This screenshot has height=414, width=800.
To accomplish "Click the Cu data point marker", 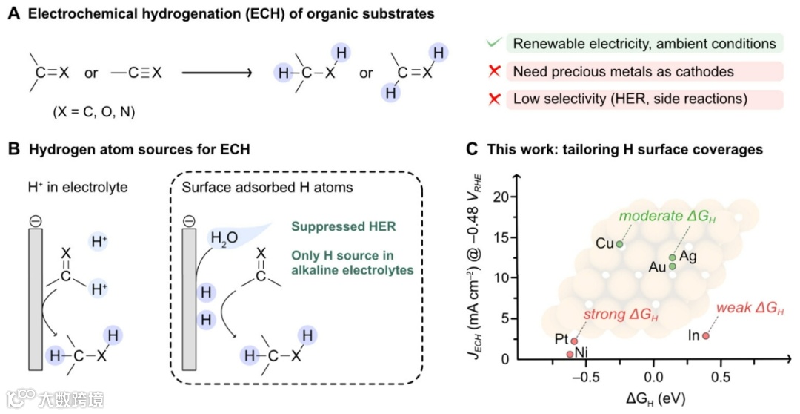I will [x=620, y=244].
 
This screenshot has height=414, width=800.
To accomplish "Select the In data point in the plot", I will [x=705, y=335].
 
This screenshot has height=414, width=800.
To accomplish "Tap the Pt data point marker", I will [x=574, y=341].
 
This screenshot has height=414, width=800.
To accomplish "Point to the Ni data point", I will [x=569, y=355].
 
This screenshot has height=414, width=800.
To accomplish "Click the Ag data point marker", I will [x=673, y=257].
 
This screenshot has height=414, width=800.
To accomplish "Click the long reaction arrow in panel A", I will [x=215, y=73].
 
